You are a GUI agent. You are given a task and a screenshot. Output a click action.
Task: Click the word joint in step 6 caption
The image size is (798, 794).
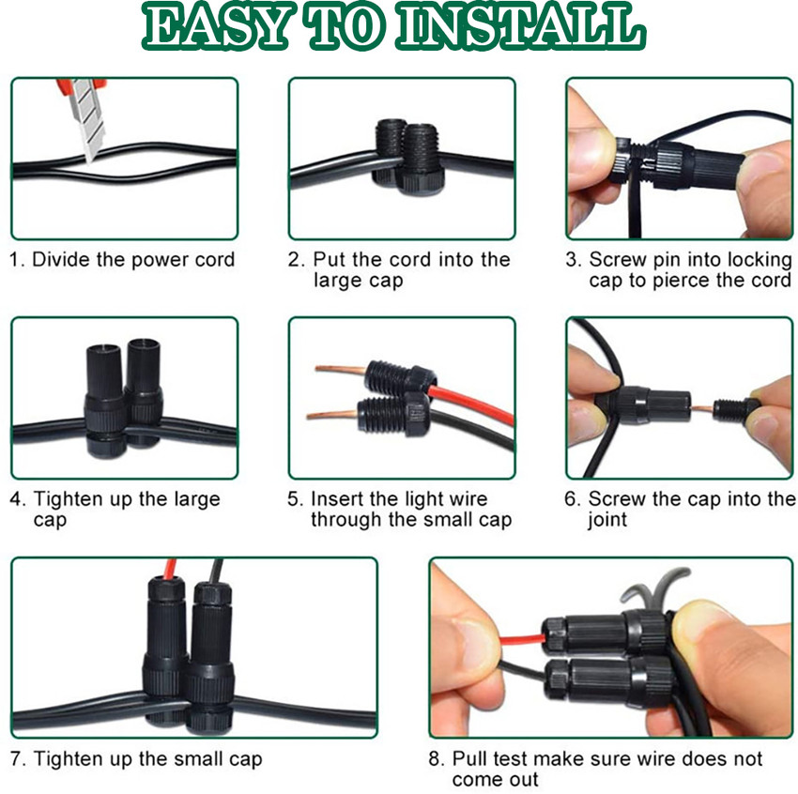coord(607,520)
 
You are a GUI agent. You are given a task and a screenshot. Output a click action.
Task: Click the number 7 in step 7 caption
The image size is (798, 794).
coord(16,759)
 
